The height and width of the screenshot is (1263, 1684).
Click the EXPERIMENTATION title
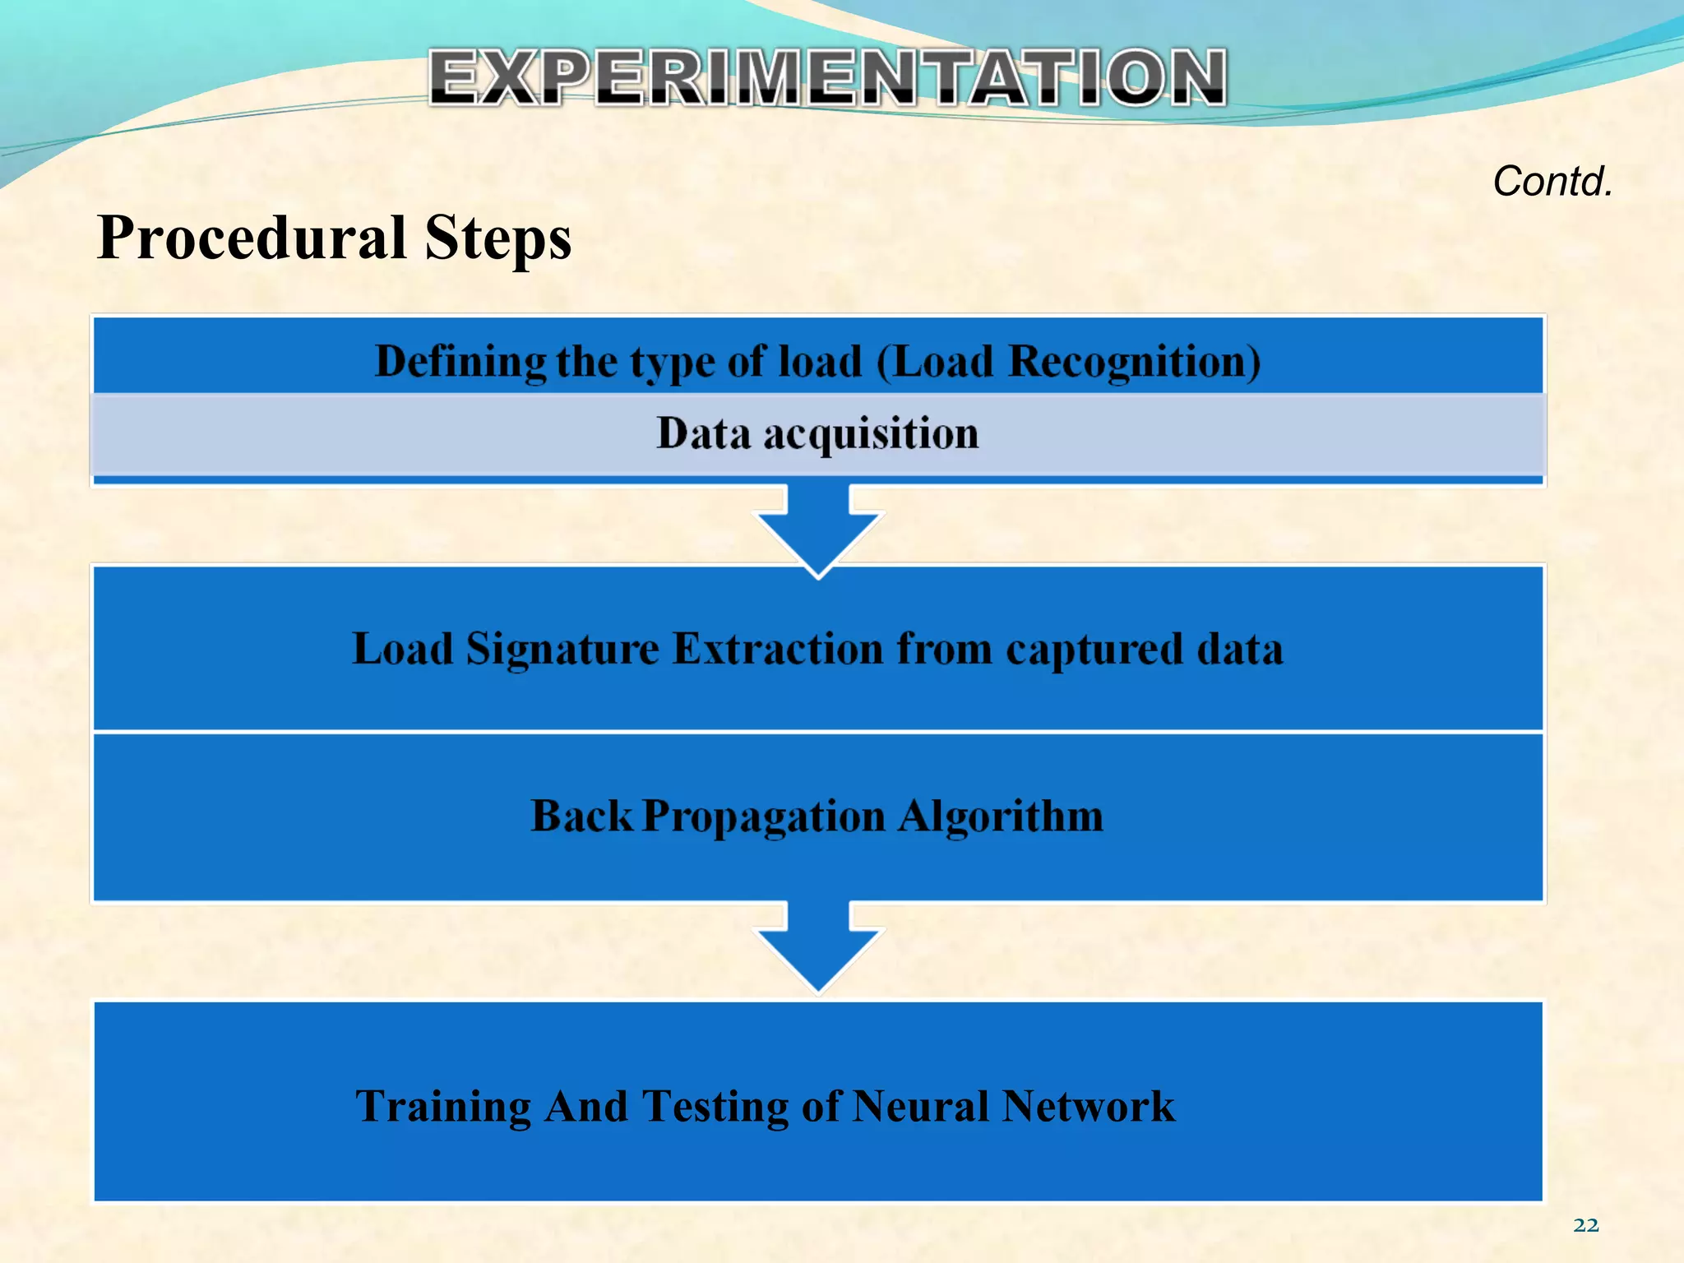point(826,77)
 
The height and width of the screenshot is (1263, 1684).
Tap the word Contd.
point(1552,181)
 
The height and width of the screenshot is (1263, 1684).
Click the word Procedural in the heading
point(252,238)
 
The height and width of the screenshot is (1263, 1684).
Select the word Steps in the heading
point(497,238)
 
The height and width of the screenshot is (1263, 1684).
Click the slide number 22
point(1585,1225)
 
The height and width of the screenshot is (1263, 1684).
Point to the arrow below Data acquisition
point(818,530)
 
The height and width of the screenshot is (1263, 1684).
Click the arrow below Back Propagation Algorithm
point(818,946)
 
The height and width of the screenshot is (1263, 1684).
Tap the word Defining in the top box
point(460,362)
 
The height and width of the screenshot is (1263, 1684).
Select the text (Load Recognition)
point(1068,362)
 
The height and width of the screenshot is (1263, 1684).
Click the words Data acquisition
point(817,433)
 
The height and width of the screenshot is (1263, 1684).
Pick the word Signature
point(562,649)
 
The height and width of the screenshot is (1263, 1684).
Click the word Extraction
point(777,649)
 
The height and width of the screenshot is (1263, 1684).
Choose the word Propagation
point(764,817)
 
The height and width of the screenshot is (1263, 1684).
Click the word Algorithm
point(1000,816)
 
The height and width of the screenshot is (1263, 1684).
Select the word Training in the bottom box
point(443,1106)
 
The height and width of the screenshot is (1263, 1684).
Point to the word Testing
point(715,1106)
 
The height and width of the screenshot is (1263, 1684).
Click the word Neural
point(920,1106)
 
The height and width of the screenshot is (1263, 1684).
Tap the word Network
point(1088,1106)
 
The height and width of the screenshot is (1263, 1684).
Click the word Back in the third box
point(581,816)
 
